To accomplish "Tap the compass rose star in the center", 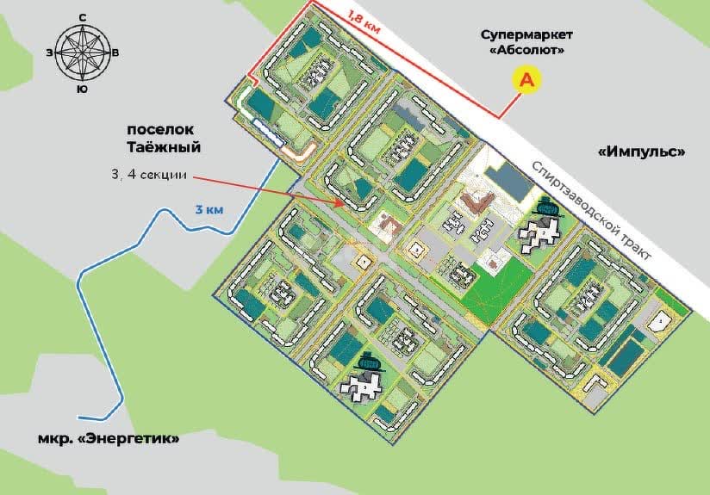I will pos(82,53).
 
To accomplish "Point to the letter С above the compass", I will pos(82,17).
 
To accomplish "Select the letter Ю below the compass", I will pos(82,89).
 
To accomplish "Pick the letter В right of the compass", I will pos(116,53).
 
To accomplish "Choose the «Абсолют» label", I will pos(526,51).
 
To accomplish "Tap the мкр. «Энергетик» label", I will pos(109,438).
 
